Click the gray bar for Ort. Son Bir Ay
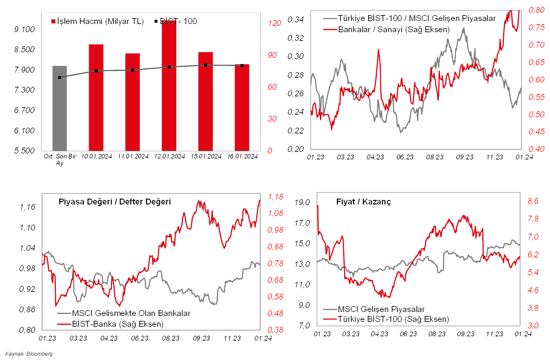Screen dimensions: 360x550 60,108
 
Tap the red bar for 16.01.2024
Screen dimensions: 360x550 242,108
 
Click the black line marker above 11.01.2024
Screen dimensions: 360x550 133,70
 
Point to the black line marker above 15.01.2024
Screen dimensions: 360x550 206,65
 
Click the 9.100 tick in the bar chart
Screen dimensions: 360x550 24,30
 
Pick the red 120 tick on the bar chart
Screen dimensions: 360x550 274,23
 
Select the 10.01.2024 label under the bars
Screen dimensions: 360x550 97,156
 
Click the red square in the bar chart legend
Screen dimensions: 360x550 53,22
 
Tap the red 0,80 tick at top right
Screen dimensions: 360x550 537,10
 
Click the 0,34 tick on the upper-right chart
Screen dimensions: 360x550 296,20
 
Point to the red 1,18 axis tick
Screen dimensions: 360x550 276,197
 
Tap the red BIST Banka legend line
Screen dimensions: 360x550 64,324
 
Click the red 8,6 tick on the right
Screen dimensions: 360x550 533,201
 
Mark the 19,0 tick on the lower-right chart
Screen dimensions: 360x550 302,202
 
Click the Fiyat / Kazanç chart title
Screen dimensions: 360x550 367,202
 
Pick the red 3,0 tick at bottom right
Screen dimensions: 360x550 533,326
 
